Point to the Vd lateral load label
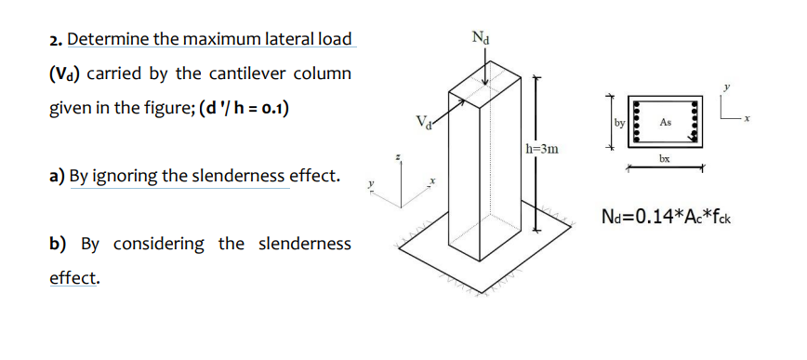click(423, 120)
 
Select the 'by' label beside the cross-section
click(619, 121)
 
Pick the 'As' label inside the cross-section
click(665, 122)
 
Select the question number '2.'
click(56, 40)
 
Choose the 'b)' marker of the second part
click(58, 244)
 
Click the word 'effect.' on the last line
click(73, 277)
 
